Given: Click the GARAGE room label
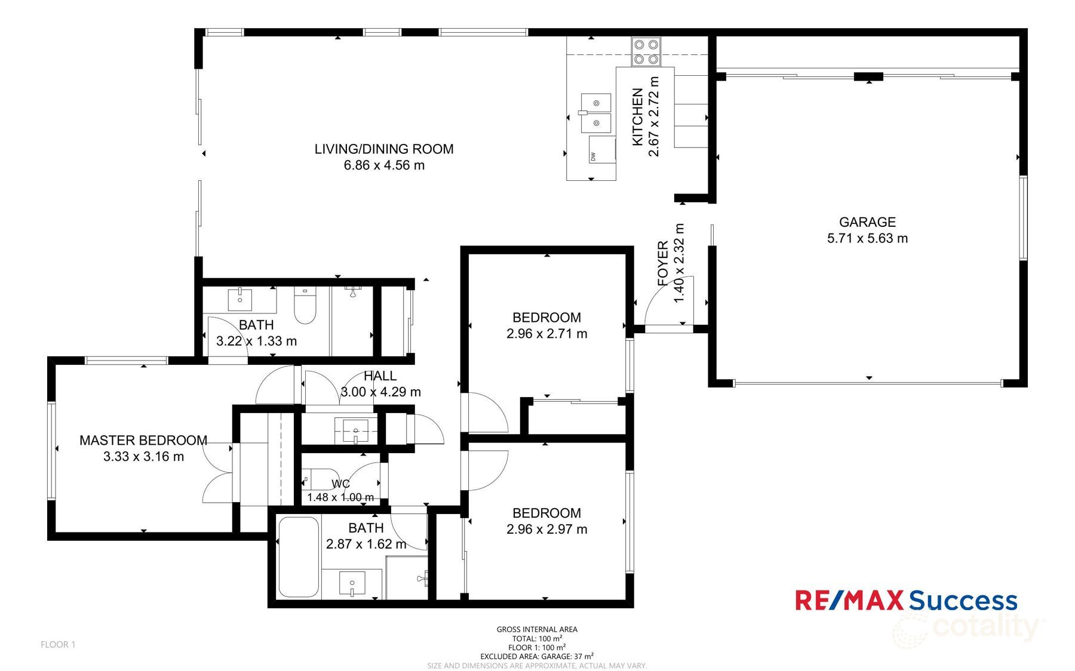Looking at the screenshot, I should (867, 222).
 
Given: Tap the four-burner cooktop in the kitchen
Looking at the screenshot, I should (646, 51).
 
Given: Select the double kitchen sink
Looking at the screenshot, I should (596, 113).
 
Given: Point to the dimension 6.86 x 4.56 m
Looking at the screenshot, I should (384, 165).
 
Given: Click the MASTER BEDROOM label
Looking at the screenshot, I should (143, 441).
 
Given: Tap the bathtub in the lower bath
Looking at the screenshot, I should (298, 557).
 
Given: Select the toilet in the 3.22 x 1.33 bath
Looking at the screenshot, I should (305, 306).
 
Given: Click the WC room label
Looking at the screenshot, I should (340, 484).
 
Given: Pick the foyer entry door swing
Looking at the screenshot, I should (667, 301).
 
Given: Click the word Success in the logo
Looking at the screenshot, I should (963, 601).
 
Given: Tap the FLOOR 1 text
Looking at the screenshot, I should (58, 645).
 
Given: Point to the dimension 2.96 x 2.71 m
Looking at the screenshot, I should (546, 334).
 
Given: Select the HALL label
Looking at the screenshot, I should (380, 376).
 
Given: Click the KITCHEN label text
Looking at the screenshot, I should (638, 117).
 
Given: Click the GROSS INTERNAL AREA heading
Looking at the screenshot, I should (537, 629).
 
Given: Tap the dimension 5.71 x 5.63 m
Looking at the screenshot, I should (867, 238).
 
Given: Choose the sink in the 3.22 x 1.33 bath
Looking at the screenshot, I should (240, 299).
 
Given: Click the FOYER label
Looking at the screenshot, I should (662, 263).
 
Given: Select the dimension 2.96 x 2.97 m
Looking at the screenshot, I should (546, 530).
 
